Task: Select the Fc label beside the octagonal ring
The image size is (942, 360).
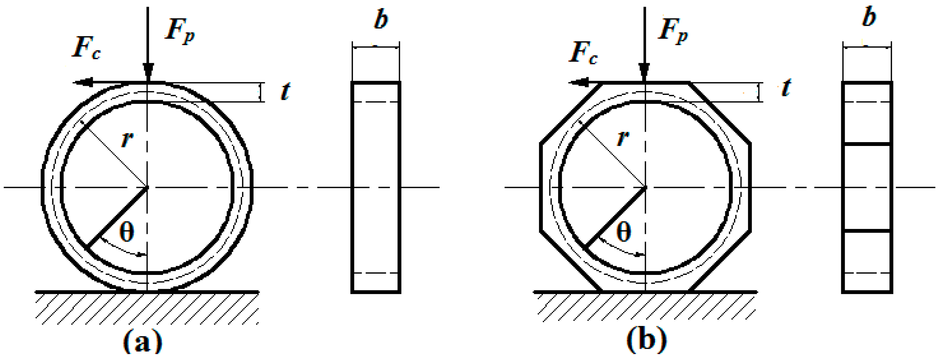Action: (583, 53)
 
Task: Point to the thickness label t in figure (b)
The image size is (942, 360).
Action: (786, 88)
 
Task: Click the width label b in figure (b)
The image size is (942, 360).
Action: (869, 17)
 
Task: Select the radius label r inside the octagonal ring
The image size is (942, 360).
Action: (623, 138)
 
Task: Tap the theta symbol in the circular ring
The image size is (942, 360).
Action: (126, 233)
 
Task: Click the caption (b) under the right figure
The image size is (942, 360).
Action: (647, 341)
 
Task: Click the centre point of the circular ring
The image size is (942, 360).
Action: (147, 188)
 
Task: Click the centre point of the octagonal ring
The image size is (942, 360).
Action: (645, 188)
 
